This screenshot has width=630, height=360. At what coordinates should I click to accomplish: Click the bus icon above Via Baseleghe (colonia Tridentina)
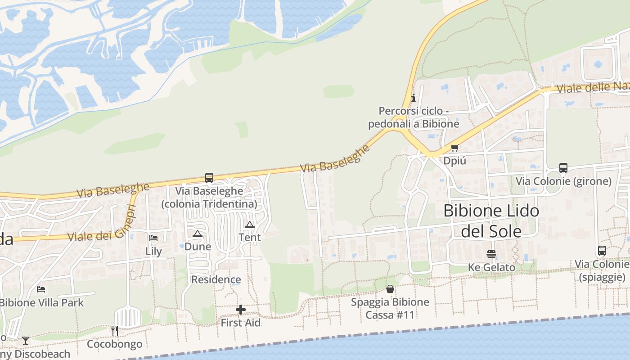pos(209,178)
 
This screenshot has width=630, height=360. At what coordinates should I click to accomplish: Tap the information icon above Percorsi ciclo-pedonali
pos(414,98)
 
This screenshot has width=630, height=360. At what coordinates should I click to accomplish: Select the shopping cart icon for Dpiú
pos(454,148)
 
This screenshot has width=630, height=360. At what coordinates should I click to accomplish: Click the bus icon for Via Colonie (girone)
pos(563,168)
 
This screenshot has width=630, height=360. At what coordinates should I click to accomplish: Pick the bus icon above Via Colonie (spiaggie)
pos(602,251)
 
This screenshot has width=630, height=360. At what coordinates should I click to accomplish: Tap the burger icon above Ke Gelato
pos(491,254)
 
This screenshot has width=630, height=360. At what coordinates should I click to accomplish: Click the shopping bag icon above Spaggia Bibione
pos(390,289)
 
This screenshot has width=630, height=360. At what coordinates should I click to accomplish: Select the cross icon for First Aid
pos(241,310)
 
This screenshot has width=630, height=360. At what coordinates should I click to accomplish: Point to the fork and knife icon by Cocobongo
pos(114,331)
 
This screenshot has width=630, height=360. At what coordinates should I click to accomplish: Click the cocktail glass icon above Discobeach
pos(26,341)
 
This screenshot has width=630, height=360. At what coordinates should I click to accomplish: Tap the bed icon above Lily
pos(153,238)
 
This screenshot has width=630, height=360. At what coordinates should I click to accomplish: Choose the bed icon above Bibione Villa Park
pos(41,289)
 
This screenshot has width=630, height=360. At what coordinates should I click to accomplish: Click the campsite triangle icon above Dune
pos(197,234)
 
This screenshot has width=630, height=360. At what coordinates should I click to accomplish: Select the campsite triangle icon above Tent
pos(250,225)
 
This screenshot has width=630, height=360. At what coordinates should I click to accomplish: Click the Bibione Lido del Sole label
pos(491,220)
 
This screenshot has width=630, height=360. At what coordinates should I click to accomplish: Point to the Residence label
pos(216,279)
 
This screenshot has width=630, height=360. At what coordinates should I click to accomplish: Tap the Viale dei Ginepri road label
pos(101,224)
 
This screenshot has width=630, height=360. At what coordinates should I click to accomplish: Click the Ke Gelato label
pos(491,267)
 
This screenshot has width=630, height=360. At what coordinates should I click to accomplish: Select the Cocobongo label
pos(114,344)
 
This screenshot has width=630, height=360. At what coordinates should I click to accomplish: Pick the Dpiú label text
pos(454,161)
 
